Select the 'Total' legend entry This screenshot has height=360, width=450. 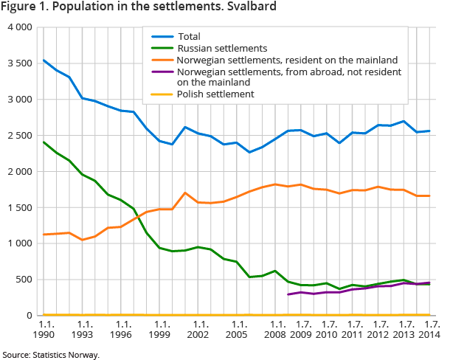(189, 36)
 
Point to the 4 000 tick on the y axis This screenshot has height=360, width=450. (18, 27)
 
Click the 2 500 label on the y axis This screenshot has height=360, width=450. (18, 136)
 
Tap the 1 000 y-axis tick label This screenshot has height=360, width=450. (18, 243)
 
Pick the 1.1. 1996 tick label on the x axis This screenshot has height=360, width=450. (122, 329)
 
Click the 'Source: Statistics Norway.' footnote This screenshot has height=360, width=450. (50, 355)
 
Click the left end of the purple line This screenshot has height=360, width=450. (288, 294)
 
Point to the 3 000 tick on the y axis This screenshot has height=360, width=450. (18, 100)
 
